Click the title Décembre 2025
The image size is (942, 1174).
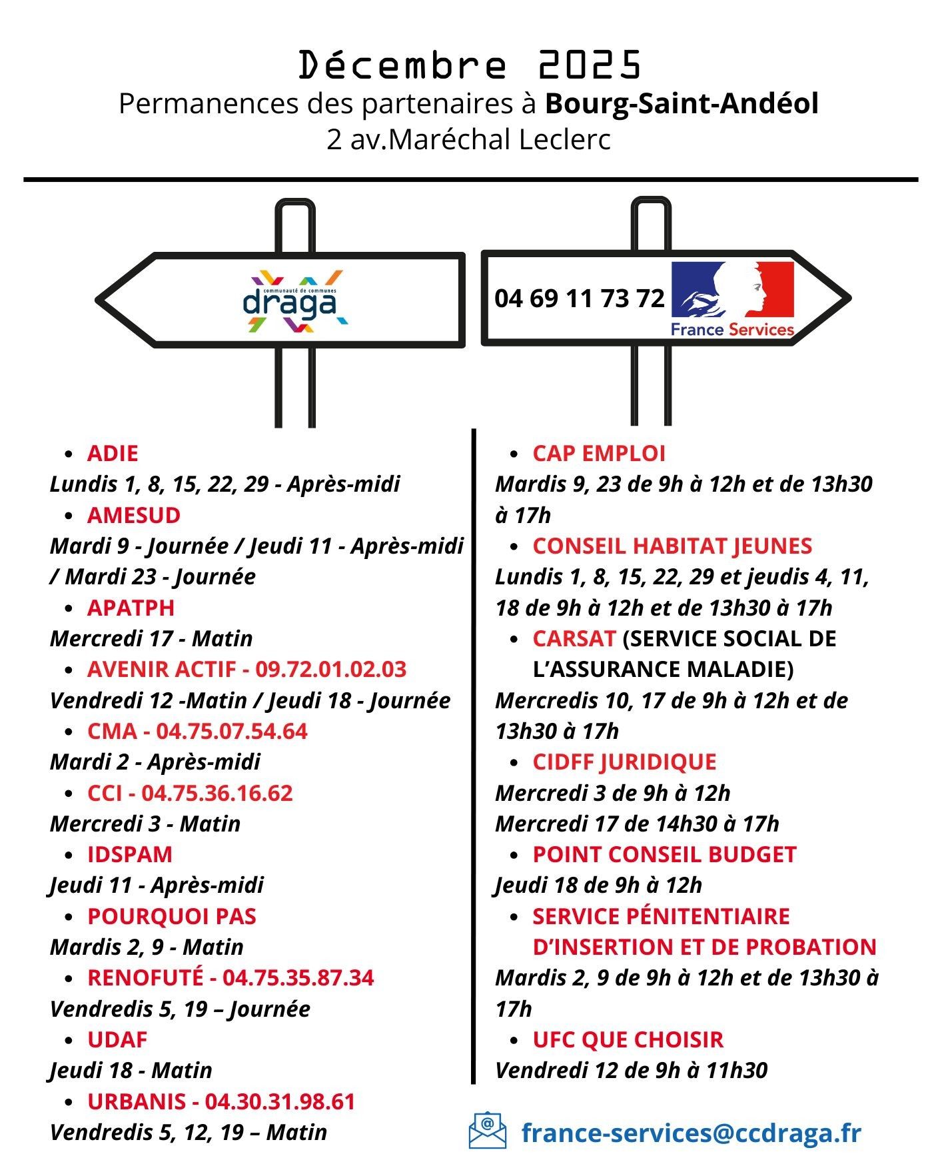pos(470,65)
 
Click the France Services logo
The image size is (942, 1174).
pos(732,298)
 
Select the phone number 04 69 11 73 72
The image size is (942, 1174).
pos(579,298)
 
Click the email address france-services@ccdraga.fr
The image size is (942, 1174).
pos(691,1132)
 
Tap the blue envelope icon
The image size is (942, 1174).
pos(487,1131)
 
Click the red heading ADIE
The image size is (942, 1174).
pos(113,453)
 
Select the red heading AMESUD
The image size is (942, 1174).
pos(133,515)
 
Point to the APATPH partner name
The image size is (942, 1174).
pos(131,608)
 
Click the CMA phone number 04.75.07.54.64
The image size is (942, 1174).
pos(232,731)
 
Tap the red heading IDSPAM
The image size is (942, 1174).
pos(130,854)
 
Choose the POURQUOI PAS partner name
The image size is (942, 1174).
pos(171,916)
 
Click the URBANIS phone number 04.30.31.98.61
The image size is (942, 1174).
pos(280,1101)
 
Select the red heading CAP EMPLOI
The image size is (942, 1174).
pos(599,453)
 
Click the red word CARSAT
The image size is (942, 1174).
pos(574,638)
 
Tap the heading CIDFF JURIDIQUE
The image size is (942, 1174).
pos(624,762)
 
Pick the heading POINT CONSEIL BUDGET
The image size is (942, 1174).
pos(664,854)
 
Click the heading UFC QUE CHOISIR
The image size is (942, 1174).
pos(628,1039)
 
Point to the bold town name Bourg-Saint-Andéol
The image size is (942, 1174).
pos(682,103)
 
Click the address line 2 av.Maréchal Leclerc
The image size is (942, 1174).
pos(468,140)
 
